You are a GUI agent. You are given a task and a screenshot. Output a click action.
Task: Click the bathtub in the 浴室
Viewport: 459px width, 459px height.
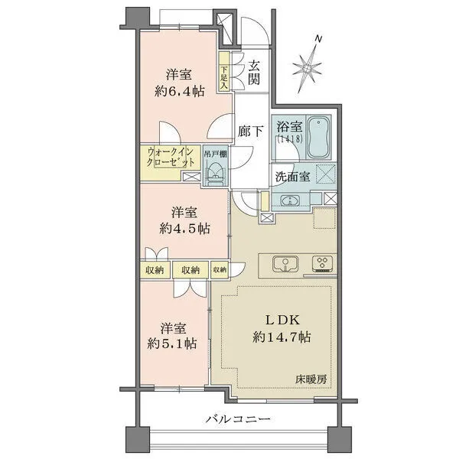coord(319,137)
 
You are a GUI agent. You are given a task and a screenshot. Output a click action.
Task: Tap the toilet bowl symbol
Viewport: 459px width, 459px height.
coord(216,172)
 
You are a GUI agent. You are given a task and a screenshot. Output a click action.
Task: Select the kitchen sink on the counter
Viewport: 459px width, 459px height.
coord(285,264)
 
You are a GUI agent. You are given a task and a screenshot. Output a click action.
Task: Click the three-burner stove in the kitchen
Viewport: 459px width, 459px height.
coord(322,263)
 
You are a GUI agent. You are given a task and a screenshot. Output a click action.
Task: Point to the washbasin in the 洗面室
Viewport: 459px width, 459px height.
coord(290,201)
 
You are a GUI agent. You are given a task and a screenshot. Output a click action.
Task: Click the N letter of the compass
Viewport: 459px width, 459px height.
coord(318,38)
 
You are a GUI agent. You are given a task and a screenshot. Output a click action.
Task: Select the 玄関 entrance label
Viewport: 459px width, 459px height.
coord(254,73)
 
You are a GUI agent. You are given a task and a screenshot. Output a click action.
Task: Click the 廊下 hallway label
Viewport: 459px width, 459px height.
coord(250,131)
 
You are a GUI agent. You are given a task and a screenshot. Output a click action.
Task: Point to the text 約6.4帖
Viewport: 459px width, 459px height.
coord(179,92)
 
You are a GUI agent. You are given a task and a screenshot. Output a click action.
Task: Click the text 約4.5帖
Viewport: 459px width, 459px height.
coord(184,229)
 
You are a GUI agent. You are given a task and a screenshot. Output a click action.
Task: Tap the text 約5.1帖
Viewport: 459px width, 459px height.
coord(172,343)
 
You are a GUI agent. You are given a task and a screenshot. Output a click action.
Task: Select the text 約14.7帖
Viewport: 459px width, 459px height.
coord(282,337)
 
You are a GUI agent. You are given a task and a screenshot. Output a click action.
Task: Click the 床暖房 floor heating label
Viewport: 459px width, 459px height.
coord(311,379)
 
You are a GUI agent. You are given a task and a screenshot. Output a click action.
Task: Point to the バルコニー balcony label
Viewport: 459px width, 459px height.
coord(237,419)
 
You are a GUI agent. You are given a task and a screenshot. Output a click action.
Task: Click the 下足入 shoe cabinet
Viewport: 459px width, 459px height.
coord(224,71)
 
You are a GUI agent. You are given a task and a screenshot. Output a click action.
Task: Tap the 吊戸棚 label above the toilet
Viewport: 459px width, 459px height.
coord(215,155)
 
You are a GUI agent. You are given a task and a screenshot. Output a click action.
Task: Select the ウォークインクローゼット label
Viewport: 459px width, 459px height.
coord(171,157)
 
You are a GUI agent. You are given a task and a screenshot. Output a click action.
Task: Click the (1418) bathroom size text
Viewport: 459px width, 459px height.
coord(289,138)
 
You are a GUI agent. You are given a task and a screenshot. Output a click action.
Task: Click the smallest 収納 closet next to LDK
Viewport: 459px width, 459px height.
coord(220,269)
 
